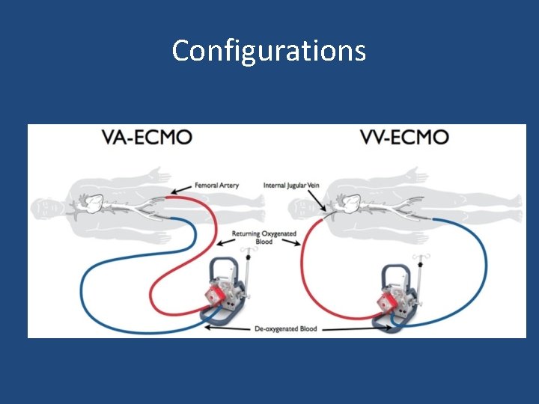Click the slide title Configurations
tap(269, 51)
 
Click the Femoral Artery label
tap(216, 186)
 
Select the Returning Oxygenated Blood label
tap(264, 238)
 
